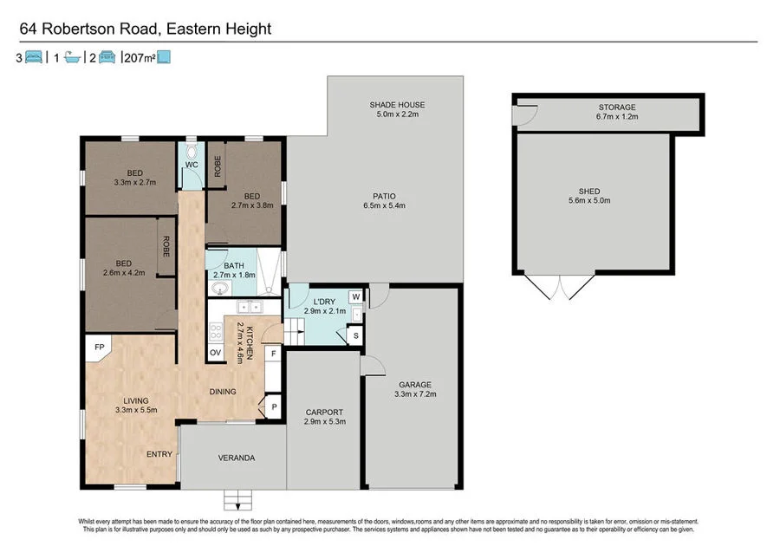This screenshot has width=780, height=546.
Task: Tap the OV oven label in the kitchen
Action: click(215, 353)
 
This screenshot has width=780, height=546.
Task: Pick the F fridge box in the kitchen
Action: click(273, 354)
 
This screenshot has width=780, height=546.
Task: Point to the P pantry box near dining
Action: click(274, 406)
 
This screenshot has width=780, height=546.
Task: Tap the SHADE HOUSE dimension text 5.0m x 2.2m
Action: click(397, 115)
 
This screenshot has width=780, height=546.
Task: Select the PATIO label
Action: click(386, 196)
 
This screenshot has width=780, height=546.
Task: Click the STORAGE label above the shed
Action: click(616, 107)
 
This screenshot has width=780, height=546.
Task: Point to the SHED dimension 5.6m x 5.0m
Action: click(589, 201)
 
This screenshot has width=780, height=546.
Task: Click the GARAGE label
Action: click(415, 384)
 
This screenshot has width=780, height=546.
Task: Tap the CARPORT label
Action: click(325, 412)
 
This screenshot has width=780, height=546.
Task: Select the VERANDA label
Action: click(236, 458)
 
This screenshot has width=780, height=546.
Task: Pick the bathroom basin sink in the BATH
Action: click(221, 287)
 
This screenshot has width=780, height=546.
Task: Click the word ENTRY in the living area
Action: click(159, 454)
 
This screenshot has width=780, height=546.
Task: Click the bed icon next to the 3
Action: click(33, 58)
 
